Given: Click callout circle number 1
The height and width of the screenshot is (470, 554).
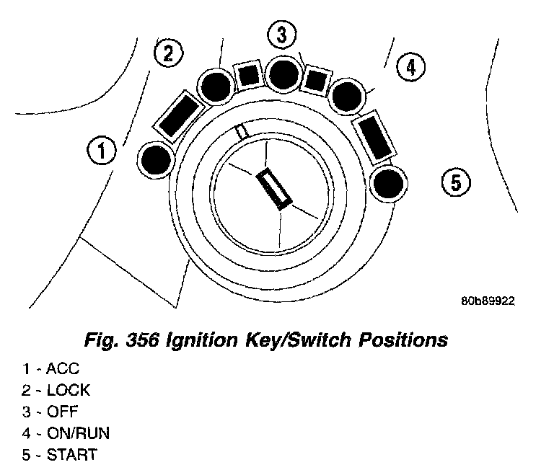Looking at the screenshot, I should [102, 151].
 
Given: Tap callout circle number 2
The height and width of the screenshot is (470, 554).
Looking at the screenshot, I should [168, 53].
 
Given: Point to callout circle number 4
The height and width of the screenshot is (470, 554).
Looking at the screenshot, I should [410, 67].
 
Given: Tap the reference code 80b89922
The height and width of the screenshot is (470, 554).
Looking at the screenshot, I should [487, 302].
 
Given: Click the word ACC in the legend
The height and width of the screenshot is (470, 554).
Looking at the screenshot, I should [63, 370].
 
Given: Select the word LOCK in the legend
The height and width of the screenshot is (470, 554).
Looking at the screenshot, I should [69, 391].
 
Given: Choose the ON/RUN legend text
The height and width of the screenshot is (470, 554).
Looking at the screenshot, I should [77, 434].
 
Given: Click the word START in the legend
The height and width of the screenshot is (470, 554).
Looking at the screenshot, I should [71, 456].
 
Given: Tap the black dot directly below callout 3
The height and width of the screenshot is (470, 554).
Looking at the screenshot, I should [281, 71].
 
